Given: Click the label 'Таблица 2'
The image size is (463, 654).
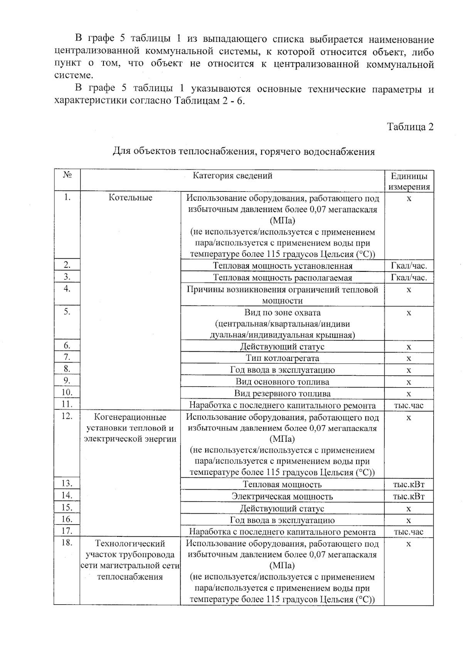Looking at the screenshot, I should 410,127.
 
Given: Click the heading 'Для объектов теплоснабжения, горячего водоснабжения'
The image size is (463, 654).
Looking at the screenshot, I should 243,152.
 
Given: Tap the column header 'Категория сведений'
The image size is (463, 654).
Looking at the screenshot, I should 232,176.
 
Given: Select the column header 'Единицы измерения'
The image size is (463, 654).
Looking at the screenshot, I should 409,182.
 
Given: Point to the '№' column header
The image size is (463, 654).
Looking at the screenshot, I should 67,175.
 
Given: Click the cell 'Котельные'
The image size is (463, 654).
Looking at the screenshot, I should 130,197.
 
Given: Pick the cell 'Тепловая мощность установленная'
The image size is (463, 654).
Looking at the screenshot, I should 282,266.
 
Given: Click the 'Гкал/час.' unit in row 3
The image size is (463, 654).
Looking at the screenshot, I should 409,278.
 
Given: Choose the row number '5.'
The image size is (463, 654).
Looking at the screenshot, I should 67,312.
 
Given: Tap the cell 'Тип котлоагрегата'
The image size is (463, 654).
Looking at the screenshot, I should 282,358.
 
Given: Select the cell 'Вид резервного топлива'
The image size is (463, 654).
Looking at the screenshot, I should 282,394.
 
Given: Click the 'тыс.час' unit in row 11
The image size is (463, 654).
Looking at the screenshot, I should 409,405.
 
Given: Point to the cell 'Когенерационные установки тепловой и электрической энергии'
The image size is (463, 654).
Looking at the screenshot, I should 130,428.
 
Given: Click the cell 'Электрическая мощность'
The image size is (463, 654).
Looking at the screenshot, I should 282,496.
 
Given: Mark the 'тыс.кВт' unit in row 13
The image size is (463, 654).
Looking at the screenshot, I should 409,485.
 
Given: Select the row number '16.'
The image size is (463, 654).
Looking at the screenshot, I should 67,519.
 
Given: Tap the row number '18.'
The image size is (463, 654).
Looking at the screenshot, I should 67,543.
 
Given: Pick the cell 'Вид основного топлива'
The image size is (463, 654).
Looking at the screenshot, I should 282,382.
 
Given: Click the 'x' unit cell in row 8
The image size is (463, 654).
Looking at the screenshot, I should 409,370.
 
